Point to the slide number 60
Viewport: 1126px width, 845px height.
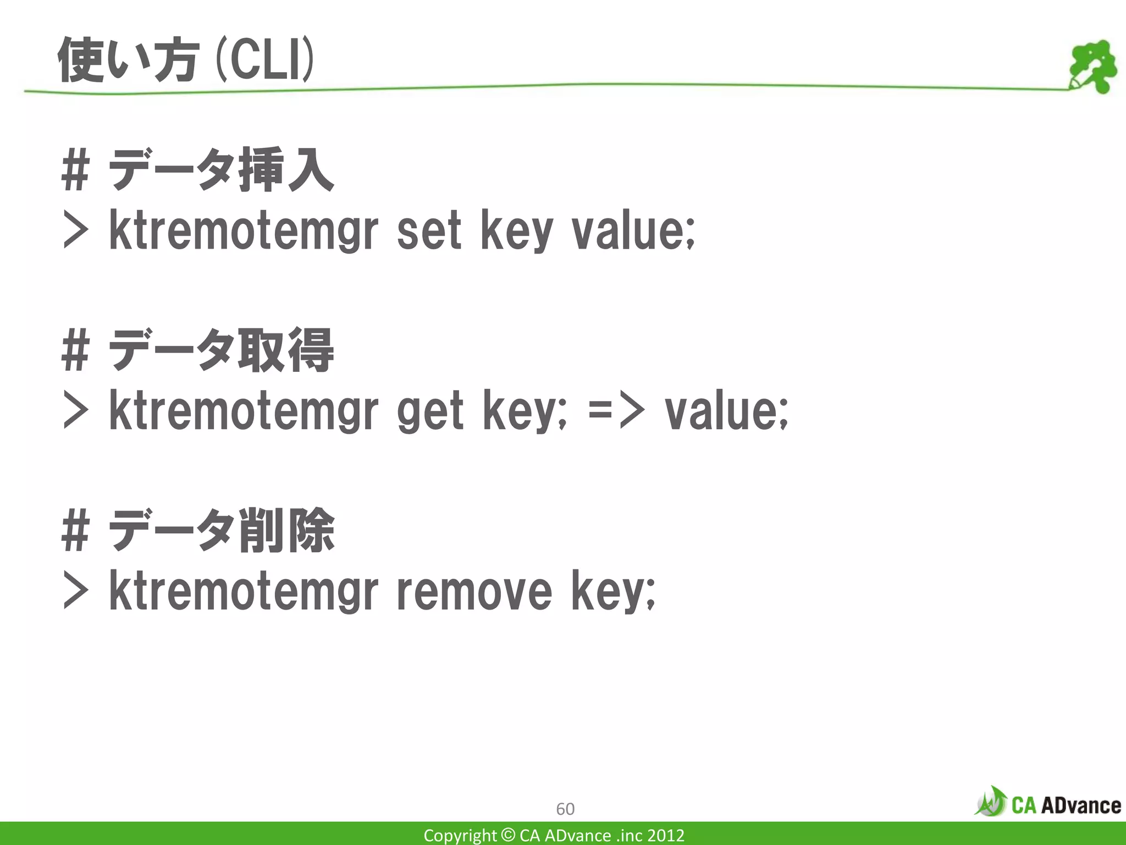565,809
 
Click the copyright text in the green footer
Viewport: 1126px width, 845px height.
554,835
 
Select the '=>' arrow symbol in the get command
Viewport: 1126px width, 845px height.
616,411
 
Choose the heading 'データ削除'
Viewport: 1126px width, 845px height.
221,530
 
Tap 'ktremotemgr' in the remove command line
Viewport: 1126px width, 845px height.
244,592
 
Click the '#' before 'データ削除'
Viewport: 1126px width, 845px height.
75,530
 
